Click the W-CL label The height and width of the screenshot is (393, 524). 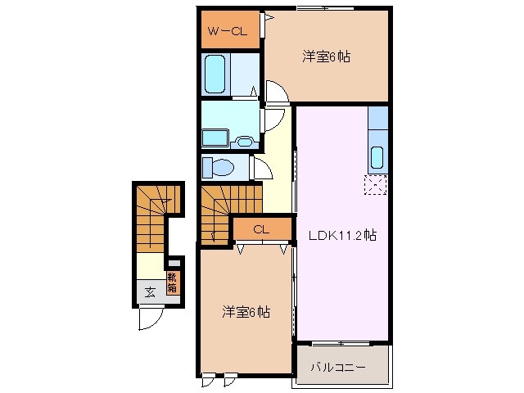228,32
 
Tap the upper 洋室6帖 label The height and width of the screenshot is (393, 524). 327,56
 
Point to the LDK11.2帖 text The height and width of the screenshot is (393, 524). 342,235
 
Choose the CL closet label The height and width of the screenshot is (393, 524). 261,229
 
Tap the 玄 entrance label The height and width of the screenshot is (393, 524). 151,291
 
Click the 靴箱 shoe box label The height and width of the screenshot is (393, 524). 172,282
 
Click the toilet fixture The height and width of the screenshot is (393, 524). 219,168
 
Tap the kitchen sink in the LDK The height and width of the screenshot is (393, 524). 378,156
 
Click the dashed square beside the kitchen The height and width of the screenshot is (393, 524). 375,186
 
